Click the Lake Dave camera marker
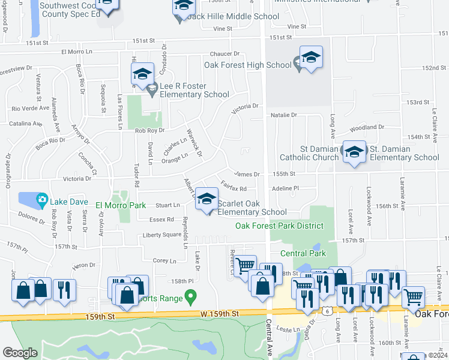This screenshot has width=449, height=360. (x=41, y=199)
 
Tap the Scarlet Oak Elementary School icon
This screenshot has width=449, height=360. (x=206, y=199)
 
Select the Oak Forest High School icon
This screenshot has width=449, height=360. (x=310, y=58)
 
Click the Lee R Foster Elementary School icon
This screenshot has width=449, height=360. (x=142, y=74)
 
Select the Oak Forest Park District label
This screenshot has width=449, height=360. (x=279, y=226)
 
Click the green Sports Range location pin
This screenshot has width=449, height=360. (x=190, y=296)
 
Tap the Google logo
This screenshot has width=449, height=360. (x=20, y=353)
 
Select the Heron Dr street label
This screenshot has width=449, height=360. (x=83, y=265)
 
